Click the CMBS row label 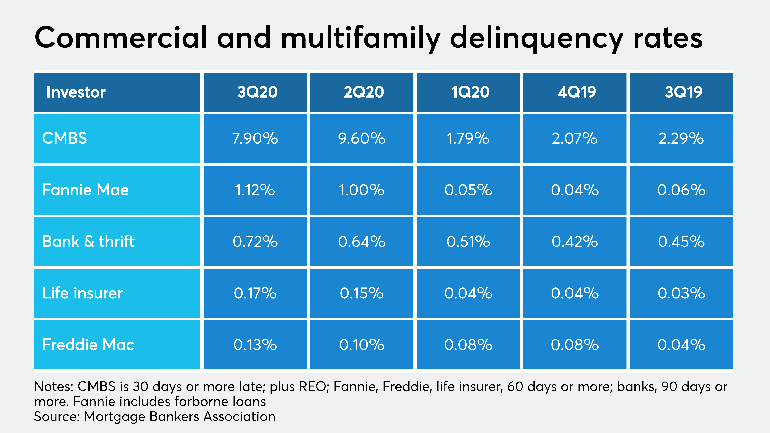(64, 138)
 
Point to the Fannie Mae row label (86, 190)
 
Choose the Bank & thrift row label (89, 242)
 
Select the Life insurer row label (82, 293)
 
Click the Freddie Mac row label (88, 344)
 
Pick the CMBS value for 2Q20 (362, 138)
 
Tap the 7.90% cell (255, 138)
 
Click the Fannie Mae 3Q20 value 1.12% (255, 190)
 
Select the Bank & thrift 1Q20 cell (468, 242)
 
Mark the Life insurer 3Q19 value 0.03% (681, 293)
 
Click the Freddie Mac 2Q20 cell (362, 344)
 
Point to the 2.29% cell (681, 138)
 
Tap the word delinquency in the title (537, 38)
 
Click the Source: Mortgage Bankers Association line (154, 416)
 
